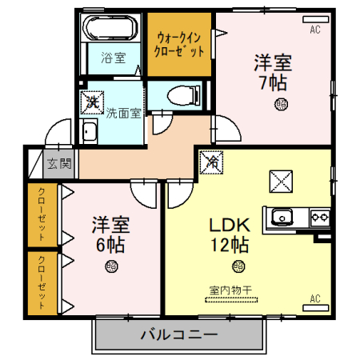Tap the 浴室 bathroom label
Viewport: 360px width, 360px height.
[x=114, y=58]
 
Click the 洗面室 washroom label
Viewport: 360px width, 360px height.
[x=124, y=113]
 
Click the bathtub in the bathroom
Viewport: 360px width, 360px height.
[x=114, y=30]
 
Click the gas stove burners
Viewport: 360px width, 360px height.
[x=320, y=216]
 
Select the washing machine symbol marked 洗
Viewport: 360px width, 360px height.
[x=92, y=102]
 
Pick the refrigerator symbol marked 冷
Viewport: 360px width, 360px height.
[x=212, y=162]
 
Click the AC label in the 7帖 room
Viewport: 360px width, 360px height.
[x=315, y=30]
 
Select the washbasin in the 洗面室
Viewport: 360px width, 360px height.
[x=89, y=134]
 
